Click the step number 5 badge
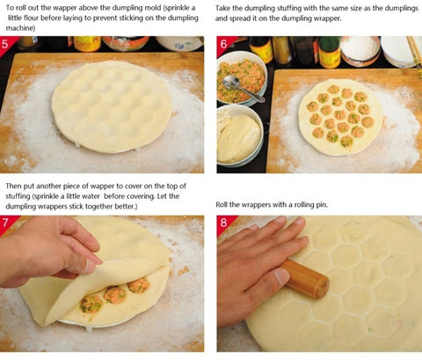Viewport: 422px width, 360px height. click(6, 44)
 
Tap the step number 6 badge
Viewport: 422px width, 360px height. click(223, 44)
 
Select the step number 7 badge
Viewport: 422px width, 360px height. click(6, 223)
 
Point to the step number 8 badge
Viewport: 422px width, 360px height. click(223, 223)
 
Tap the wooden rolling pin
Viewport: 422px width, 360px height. click(306, 278)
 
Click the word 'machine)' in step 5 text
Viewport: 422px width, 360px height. click(20, 28)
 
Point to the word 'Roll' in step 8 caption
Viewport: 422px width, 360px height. click(222, 204)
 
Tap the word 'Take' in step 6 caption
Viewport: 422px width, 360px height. click(222, 8)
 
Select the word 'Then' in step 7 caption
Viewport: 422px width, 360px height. click(13, 186)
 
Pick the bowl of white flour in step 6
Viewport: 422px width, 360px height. click(360, 50)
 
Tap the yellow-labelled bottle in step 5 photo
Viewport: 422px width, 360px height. click(87, 43)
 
